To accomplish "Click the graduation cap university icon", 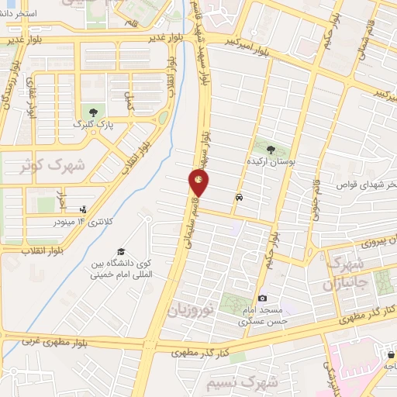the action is pos(120,252).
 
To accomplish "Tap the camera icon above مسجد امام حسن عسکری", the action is pos(262,299).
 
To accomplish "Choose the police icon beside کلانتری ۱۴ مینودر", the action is pos(83,209).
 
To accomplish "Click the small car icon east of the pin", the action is pos(239,197).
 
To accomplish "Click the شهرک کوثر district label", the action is pos(33,165).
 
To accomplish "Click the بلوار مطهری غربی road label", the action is pos(53,340).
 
